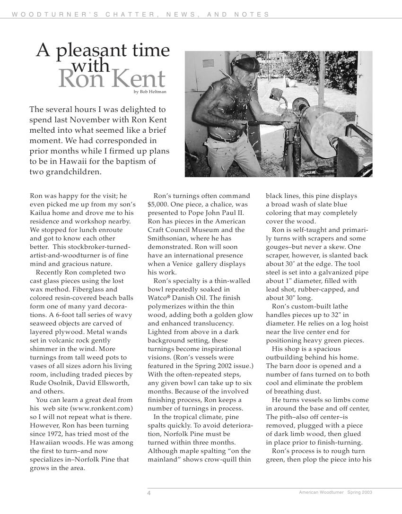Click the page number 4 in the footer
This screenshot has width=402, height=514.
point(149,493)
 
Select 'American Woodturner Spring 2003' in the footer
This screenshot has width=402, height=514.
point(335,492)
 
